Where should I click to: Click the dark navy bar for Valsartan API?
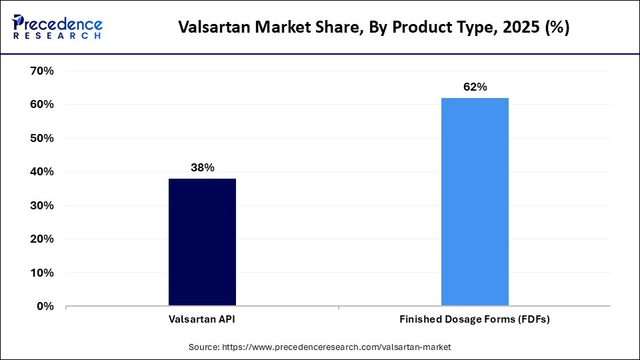coord(202,243)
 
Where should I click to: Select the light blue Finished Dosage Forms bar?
coord(475,202)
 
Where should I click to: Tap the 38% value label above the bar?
coord(202,168)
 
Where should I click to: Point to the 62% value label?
coord(475,87)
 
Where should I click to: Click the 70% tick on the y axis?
coord(41,71)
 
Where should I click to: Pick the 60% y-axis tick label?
coord(41,105)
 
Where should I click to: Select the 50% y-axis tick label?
coord(41,139)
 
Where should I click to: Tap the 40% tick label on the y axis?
coord(41,172)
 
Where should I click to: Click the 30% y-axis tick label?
coord(41,206)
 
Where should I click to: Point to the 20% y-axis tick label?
coord(41,239)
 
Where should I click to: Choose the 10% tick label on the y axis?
coord(41,273)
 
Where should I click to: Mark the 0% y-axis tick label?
coord(44,307)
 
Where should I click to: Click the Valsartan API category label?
coord(202,320)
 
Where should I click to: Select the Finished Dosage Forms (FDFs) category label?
coord(475,320)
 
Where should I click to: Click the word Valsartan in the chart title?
coord(209,29)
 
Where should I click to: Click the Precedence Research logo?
coord(57,27)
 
